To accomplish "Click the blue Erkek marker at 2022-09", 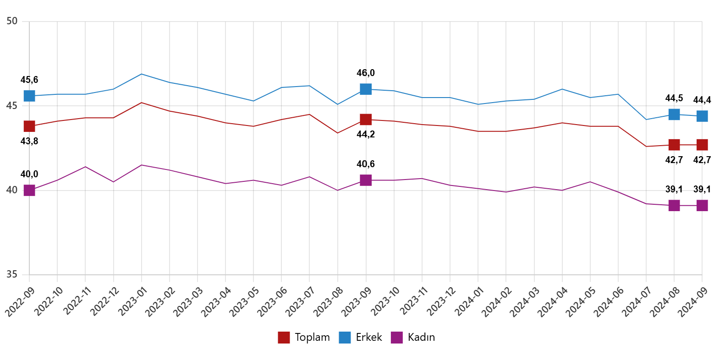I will (29, 96).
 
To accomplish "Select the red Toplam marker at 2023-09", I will (366, 120).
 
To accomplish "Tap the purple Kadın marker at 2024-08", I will (674, 206).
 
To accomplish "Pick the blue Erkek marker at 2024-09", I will (702, 116).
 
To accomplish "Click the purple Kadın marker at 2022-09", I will (29, 191).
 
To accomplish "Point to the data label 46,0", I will (366, 73).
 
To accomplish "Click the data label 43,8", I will (29, 142).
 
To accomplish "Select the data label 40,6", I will (366, 164).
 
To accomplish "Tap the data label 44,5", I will (674, 98).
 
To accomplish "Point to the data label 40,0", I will (29, 175).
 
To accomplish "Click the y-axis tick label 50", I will (12, 22).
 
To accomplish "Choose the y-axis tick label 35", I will (12, 275).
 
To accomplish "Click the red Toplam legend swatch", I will (284, 338).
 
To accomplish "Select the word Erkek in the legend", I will (369, 338).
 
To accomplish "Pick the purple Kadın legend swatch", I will (397, 338).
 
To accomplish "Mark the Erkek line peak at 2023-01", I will (142, 74).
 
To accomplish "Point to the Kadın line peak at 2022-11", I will (85, 167).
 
